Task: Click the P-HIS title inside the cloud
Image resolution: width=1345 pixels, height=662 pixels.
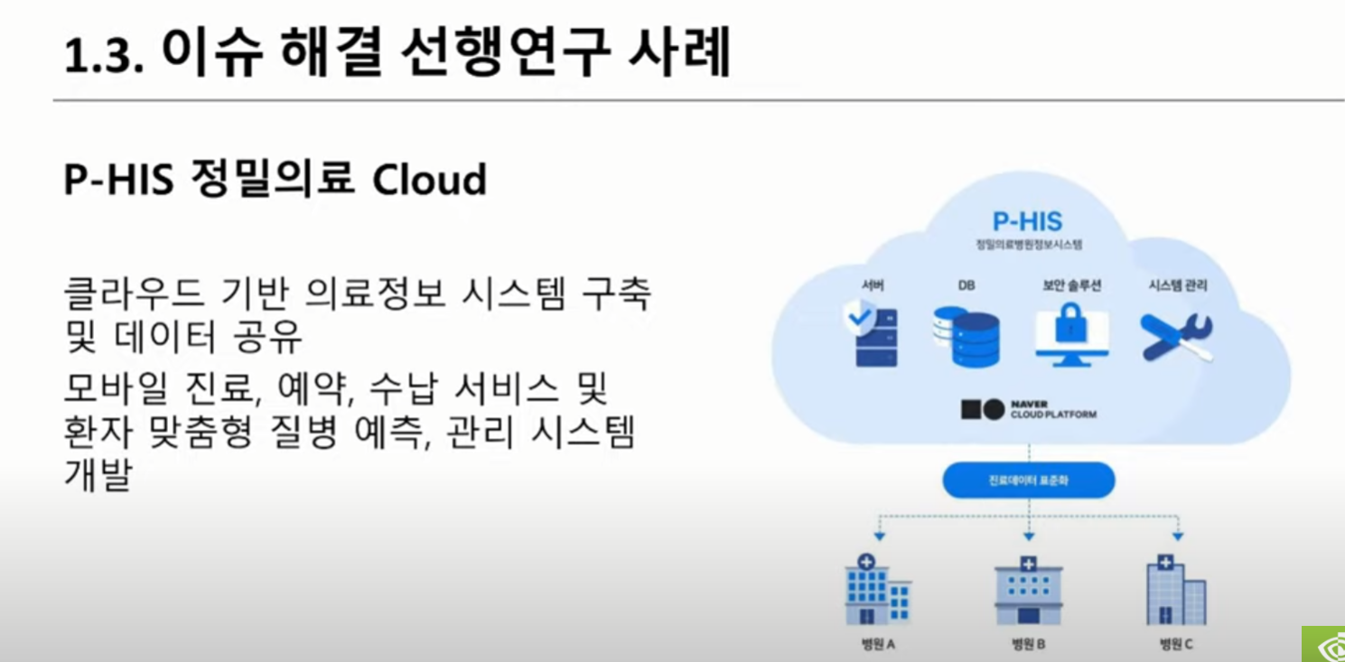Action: (1027, 221)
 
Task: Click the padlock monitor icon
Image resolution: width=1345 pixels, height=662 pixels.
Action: (1071, 334)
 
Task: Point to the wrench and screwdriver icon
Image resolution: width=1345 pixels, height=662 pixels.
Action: (1176, 336)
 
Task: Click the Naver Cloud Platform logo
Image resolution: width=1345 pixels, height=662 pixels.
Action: (1028, 410)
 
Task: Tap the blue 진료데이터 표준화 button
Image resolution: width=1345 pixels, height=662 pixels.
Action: (1028, 480)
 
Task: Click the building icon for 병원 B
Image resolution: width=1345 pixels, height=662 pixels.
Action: (1028, 592)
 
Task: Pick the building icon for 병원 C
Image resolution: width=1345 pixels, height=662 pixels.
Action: (1175, 591)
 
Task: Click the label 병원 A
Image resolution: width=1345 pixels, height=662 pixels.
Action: (877, 645)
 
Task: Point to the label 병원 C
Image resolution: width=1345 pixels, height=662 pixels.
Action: (1176, 645)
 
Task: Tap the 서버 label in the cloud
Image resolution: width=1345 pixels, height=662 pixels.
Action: (873, 285)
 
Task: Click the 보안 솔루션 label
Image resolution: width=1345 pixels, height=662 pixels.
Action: (1071, 285)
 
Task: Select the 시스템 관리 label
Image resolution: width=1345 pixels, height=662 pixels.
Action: (1177, 285)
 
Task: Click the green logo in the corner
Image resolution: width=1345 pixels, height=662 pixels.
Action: (1323, 644)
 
